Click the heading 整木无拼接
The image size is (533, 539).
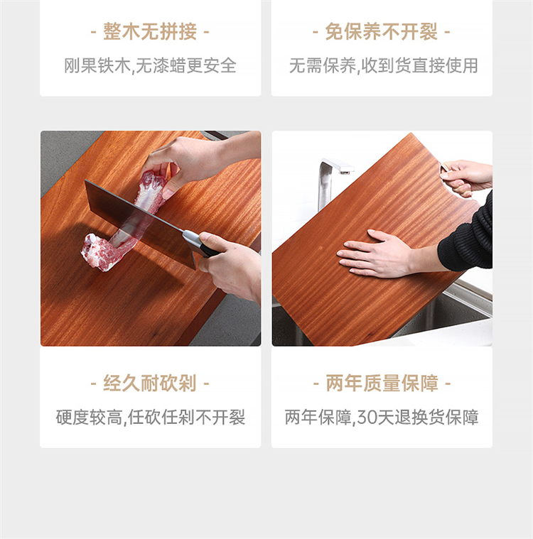tap(150, 32)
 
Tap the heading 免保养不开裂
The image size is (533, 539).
tap(382, 32)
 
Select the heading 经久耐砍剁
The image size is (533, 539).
tap(150, 383)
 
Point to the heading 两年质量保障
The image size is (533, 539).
tap(382, 383)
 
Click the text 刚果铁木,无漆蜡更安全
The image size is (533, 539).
tap(151, 65)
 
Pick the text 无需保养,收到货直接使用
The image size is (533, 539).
tap(384, 65)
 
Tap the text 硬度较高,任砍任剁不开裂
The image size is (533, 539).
tap(151, 418)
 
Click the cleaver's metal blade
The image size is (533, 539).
tap(140, 223)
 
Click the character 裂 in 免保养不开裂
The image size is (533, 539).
tap(429, 32)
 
